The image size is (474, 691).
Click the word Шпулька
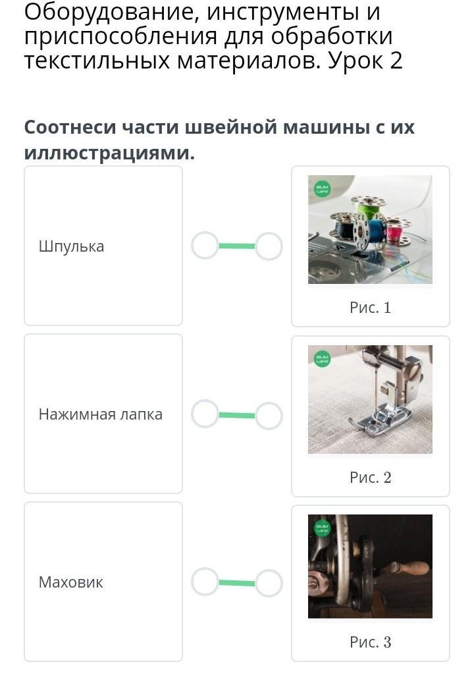[x=71, y=246]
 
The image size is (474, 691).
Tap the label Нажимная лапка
[x=101, y=414]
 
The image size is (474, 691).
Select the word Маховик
[x=71, y=582]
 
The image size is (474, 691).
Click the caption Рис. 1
[x=370, y=307]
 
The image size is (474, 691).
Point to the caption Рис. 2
[x=370, y=478]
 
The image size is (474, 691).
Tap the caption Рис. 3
[x=370, y=642]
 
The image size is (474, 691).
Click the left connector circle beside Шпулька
[x=205, y=246]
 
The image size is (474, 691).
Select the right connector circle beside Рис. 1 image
[x=269, y=246]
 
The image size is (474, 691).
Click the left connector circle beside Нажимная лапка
[x=205, y=414]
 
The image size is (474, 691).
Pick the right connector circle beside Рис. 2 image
[x=269, y=416]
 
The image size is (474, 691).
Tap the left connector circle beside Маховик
[x=205, y=582]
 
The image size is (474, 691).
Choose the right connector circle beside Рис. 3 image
[x=269, y=583]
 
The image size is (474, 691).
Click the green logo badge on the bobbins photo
[x=323, y=190]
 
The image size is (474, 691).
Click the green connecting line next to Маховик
[x=236, y=583]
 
